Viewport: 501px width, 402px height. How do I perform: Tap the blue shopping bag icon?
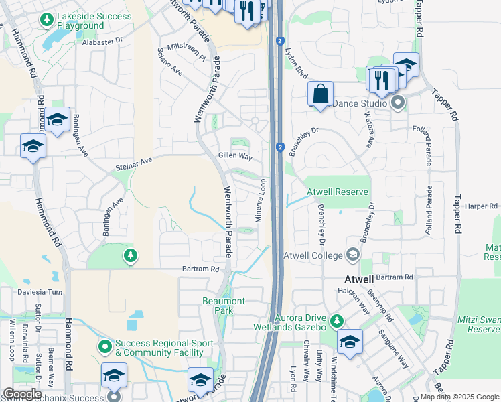click(321, 93)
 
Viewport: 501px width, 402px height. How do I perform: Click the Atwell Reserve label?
click(338, 192)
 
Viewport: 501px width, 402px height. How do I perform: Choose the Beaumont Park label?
click(224, 306)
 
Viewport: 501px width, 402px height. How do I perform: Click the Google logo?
click(22, 393)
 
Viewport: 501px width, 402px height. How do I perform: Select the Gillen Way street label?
click(235, 156)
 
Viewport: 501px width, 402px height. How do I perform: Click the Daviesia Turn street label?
click(40, 293)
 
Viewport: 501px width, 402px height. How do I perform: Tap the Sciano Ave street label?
click(169, 61)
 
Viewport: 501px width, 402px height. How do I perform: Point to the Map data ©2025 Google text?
click(459, 397)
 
